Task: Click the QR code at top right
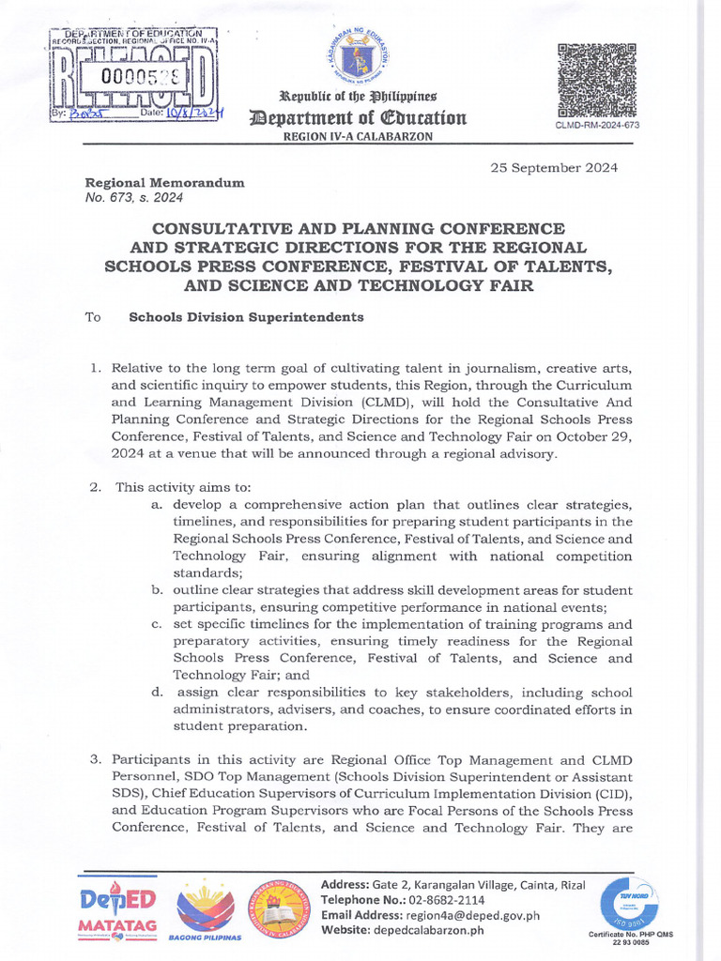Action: (x=598, y=78)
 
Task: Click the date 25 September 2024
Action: (x=554, y=168)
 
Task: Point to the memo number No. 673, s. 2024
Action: (x=134, y=198)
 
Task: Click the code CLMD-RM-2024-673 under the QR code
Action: (x=598, y=125)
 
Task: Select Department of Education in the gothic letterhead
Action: (x=356, y=117)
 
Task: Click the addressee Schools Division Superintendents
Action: (x=245, y=317)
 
